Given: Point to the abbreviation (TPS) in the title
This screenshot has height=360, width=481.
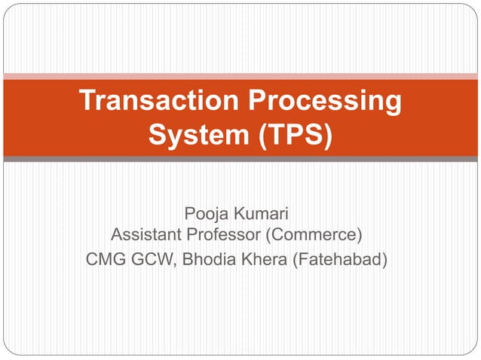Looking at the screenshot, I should click(290, 137).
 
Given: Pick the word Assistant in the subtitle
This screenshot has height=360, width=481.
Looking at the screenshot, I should click(146, 236).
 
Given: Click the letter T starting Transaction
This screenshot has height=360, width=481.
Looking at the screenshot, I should click(86, 102).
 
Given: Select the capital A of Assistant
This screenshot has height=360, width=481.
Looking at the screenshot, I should click(117, 236).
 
